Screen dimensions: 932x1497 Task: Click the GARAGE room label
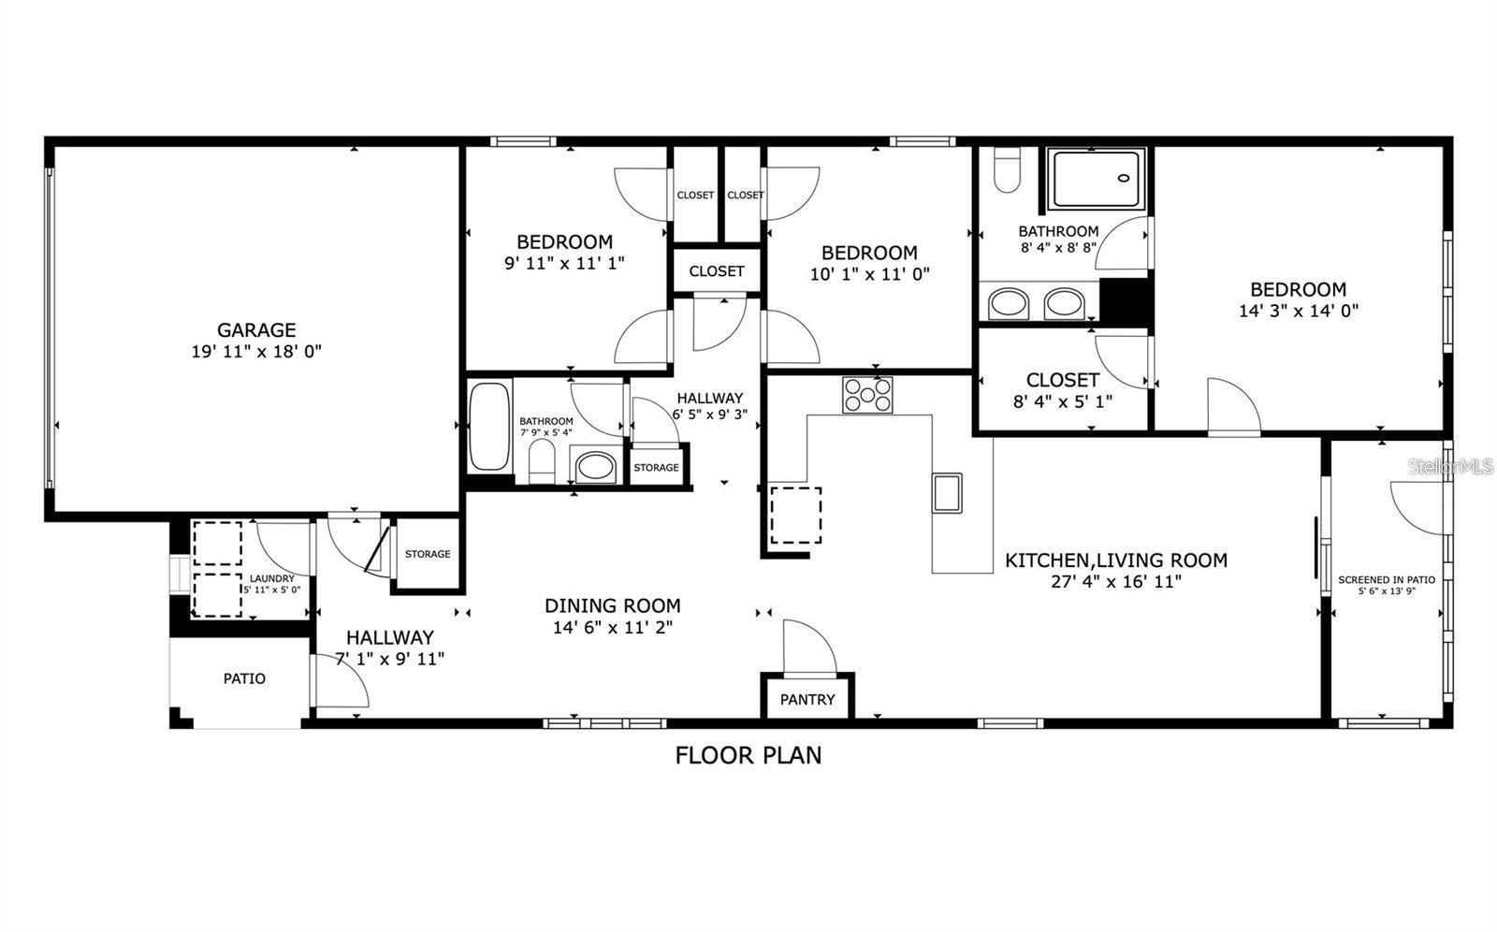256,329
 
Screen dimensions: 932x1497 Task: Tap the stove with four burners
867,395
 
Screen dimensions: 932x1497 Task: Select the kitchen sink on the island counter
947,492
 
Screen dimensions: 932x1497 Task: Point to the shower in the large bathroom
1096,179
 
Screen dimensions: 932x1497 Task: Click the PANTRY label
807,699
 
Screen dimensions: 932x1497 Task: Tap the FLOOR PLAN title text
748,754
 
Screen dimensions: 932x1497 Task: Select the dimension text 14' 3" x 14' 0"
1299,311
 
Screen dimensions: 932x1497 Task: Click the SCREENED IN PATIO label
1387,579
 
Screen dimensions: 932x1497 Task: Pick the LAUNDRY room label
272,578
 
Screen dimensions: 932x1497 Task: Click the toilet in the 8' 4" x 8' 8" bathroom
1007,170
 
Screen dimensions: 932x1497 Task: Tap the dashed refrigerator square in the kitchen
795,516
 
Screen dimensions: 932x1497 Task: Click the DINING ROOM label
613,605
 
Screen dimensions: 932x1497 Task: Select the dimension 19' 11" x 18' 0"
256,351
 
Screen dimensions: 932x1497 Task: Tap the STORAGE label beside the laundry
428,554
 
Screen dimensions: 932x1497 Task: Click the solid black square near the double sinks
1124,300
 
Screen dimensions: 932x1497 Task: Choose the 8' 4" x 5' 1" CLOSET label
1062,380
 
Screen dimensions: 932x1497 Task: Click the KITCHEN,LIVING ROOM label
1116,560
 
